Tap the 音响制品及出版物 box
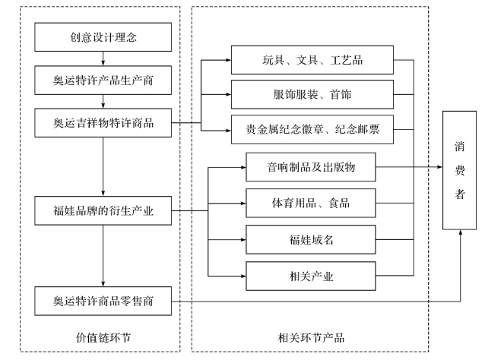(x=311, y=166)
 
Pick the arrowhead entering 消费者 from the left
(x=439, y=166)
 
